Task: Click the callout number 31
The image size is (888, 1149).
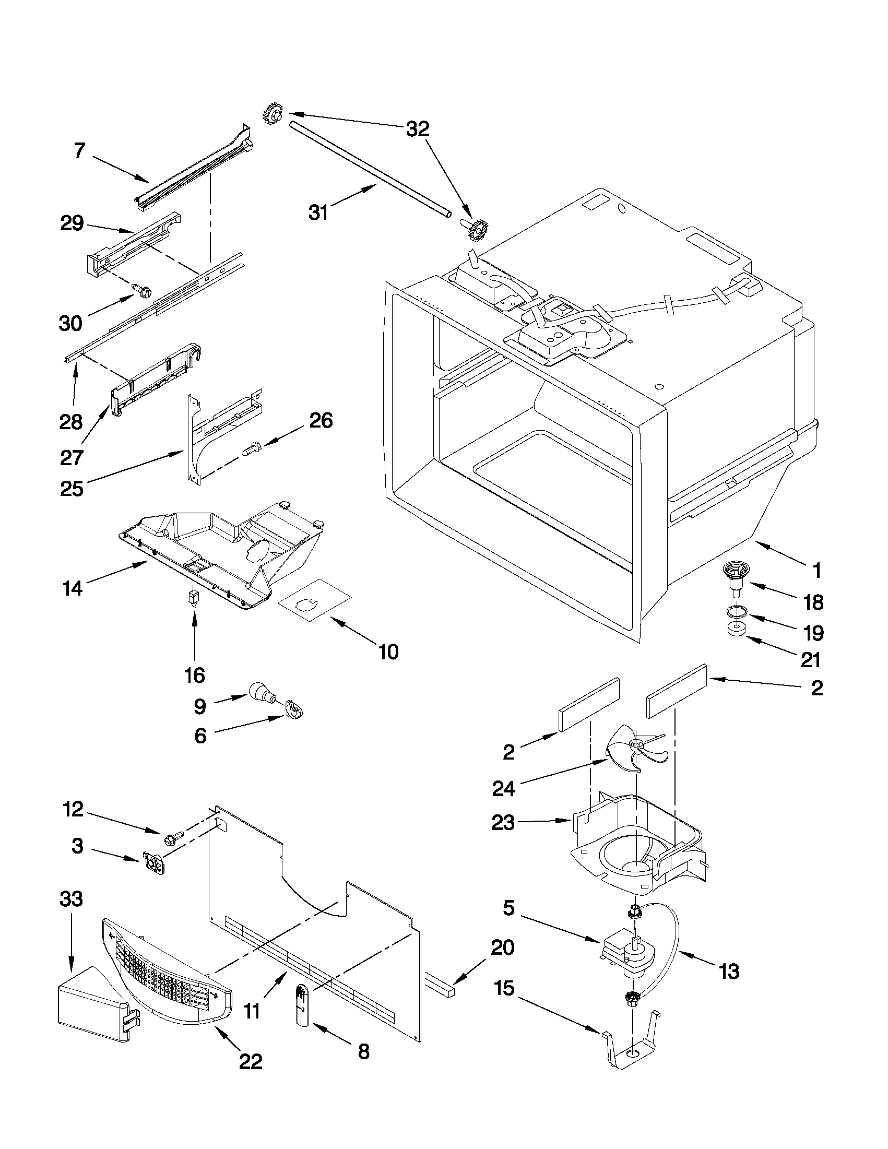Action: (318, 212)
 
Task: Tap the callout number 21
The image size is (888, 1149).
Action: (810, 659)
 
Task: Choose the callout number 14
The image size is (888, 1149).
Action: (73, 588)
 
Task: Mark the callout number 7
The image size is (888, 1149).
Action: (79, 150)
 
